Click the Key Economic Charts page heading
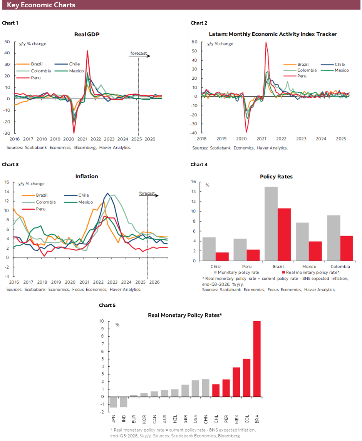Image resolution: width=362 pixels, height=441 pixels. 41,5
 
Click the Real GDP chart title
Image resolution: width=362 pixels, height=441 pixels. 87,35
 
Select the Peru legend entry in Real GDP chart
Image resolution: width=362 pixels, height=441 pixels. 35,78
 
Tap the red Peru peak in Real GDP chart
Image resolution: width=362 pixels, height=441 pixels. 87,51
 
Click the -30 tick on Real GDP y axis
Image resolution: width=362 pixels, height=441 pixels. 7,133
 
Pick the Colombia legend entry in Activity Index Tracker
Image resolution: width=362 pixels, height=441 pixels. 307,70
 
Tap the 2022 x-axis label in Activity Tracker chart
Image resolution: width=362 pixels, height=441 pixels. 281,139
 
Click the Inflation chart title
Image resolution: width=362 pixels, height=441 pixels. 86,176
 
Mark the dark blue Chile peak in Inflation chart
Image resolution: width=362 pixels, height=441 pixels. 107,194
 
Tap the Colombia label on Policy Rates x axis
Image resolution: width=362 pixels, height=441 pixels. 340,267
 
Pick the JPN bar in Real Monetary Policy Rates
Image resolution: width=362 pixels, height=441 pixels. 113,402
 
